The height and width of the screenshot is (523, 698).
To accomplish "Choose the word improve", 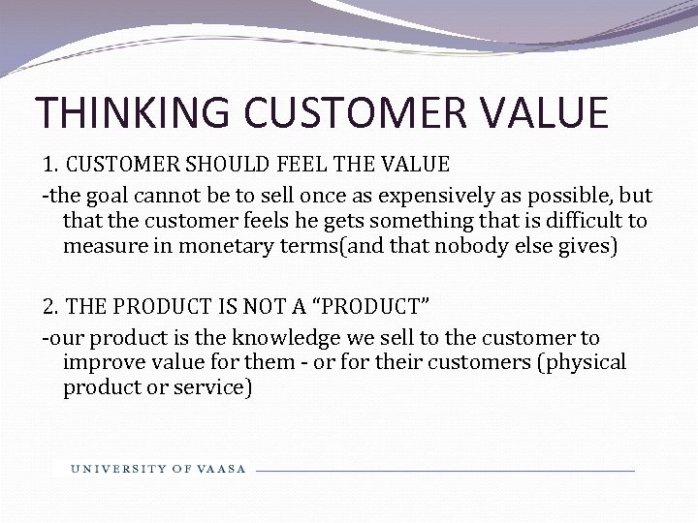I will [101, 362].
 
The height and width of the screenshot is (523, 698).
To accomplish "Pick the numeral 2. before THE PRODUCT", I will [48, 307].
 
